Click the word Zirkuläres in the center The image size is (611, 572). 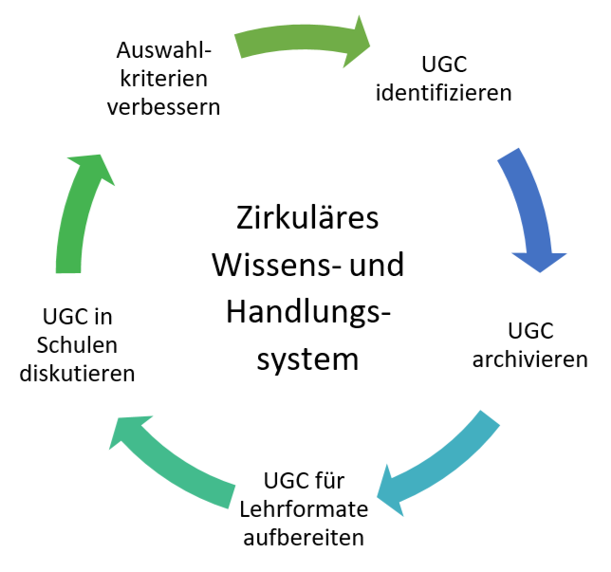[x=306, y=217]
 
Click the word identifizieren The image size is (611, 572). [x=444, y=94]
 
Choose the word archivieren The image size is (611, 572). [x=530, y=360]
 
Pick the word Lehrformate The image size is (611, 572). [x=303, y=509]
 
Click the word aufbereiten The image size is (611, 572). [x=304, y=538]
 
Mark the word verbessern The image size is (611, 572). [x=164, y=106]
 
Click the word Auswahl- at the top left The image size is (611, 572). [x=164, y=48]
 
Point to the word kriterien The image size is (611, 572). [x=164, y=77]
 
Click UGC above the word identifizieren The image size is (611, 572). [x=443, y=65]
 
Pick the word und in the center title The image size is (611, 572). [x=377, y=265]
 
